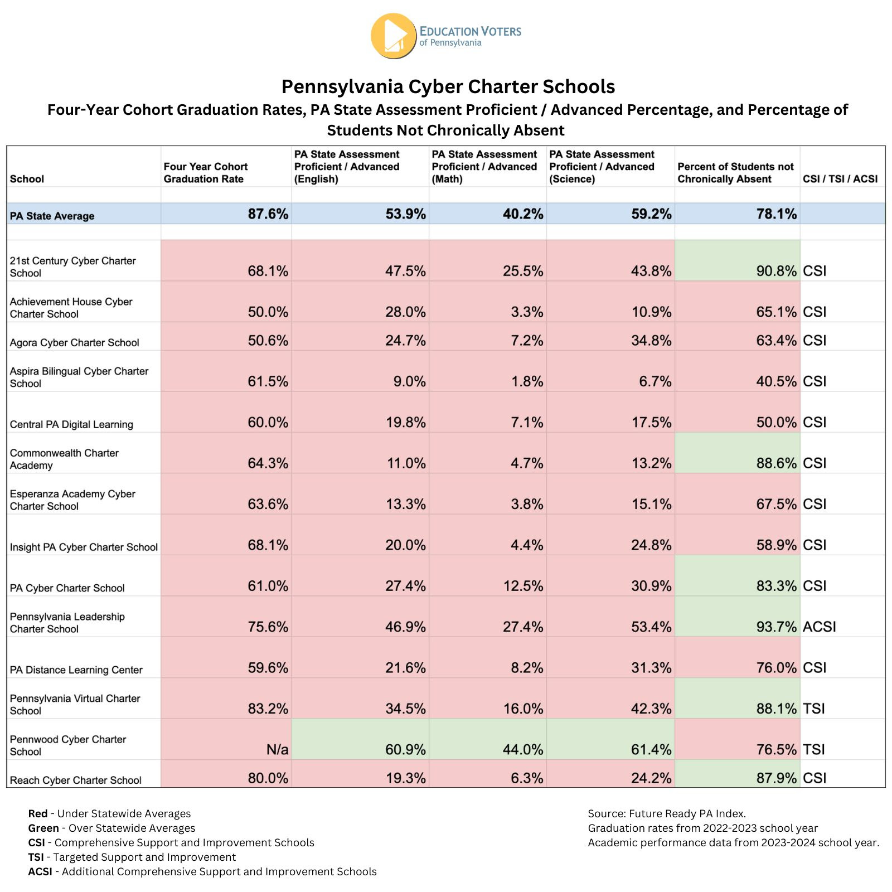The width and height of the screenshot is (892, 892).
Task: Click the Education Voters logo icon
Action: coord(394,36)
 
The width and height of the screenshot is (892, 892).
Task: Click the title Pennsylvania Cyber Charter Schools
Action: coord(448,86)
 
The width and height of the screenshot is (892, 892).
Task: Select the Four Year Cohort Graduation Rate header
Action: coord(206,172)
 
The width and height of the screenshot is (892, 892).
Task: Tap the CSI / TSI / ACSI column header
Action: coord(840,179)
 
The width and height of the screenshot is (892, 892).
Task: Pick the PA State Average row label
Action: coord(52,216)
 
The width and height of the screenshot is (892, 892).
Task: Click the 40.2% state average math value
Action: coord(523,214)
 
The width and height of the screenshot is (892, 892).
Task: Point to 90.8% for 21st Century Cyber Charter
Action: coord(777,271)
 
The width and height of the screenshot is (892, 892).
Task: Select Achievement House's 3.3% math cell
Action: coord(527,312)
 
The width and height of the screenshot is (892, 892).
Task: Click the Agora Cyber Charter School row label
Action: coord(74,342)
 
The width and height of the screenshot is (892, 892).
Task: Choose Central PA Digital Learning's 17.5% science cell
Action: coord(651,422)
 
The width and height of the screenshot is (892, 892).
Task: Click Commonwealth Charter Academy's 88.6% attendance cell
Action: coord(777,463)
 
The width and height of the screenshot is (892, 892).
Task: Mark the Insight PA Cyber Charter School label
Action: coord(84,547)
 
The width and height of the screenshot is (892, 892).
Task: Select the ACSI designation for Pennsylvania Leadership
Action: coord(819,627)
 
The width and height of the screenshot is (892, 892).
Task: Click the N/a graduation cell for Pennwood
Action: coord(278,749)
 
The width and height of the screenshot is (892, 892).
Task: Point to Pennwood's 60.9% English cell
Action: coord(405,749)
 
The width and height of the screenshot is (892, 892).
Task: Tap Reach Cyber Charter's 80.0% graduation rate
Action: coord(268,778)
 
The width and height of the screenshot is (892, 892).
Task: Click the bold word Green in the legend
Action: coord(43,828)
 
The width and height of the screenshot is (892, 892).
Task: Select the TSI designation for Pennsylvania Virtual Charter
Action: coord(813,709)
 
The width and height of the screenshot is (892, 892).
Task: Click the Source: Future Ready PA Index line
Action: coord(667,813)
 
